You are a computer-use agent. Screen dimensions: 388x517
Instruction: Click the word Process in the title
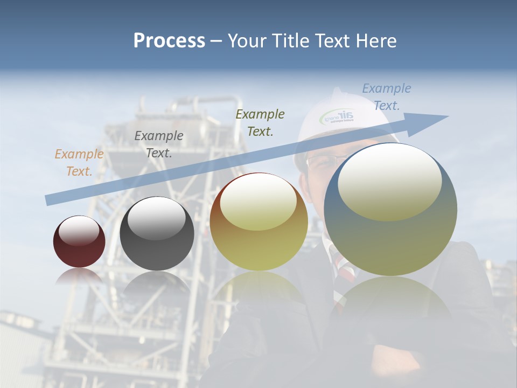click(169, 41)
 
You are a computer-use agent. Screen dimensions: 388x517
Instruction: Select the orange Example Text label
click(79, 163)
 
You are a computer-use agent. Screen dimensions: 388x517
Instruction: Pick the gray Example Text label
click(159, 144)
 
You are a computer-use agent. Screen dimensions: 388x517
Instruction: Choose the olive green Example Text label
click(260, 122)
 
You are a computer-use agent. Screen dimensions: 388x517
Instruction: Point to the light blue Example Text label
click(386, 97)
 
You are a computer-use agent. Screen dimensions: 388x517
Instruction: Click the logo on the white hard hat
click(338, 116)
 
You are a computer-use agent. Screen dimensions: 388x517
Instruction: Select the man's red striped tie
click(340, 264)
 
